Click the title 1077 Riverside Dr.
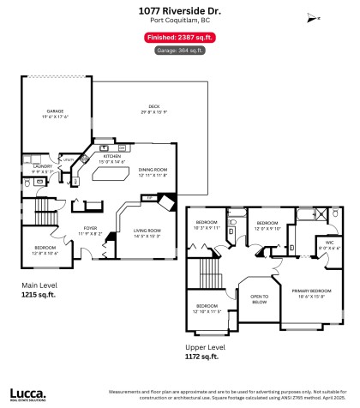point(179,9)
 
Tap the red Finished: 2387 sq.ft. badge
point(179,39)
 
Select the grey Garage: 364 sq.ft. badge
point(179,51)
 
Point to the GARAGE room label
point(56,111)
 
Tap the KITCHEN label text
point(112,157)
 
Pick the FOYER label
point(90,203)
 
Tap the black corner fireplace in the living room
point(169,199)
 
